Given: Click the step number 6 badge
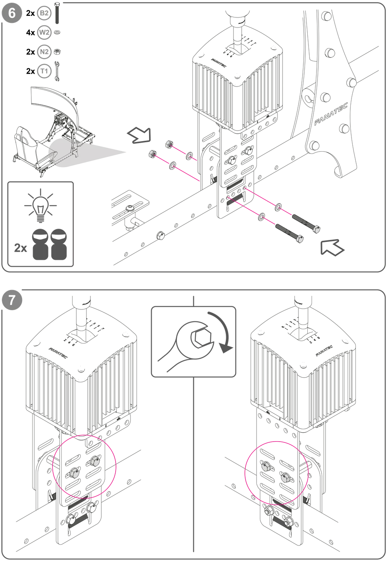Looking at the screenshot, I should (x=12, y=13).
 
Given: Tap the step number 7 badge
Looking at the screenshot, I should (x=12, y=300).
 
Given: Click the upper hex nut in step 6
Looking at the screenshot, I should (x=169, y=144).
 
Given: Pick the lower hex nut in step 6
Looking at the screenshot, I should (x=152, y=154).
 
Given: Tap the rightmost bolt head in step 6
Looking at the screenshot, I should (x=316, y=229).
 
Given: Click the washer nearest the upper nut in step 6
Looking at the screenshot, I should (x=189, y=156).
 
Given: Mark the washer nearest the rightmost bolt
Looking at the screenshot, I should (x=278, y=207).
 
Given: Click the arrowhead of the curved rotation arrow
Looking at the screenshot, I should (x=225, y=350).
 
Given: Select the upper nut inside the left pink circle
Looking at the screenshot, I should (x=94, y=461).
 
